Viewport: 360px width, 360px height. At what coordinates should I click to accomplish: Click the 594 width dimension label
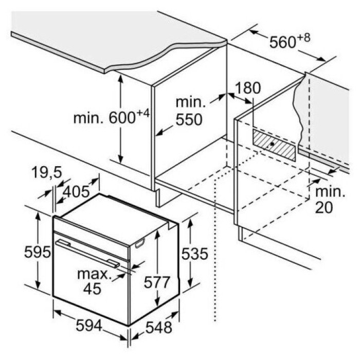click(x=88, y=326)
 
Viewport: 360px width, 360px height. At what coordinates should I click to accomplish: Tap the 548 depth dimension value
click(x=159, y=327)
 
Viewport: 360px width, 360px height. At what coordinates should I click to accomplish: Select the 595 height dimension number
click(x=38, y=252)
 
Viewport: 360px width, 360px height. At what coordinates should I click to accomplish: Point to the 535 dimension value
click(x=195, y=254)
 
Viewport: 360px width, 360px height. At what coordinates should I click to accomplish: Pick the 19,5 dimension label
click(x=47, y=172)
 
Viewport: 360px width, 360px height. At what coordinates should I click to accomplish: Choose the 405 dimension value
click(x=76, y=191)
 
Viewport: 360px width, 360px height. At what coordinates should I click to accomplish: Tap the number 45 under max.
click(x=92, y=289)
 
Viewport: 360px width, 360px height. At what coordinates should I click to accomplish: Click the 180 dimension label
click(x=248, y=88)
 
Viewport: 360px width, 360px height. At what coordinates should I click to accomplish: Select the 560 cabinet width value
click(x=283, y=43)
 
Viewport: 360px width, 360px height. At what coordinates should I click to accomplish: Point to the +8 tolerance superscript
click(x=304, y=38)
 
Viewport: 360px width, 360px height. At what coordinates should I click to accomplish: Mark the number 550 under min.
click(x=189, y=119)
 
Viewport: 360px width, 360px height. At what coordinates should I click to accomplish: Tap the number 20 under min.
click(x=324, y=208)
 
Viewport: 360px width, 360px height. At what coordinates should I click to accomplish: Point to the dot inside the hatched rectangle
click(x=272, y=144)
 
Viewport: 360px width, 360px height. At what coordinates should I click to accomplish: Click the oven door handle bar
click(x=87, y=254)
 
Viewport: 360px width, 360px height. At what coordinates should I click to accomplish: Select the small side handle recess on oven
click(x=140, y=243)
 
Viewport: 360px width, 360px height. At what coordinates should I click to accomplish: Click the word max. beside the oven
click(x=94, y=274)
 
